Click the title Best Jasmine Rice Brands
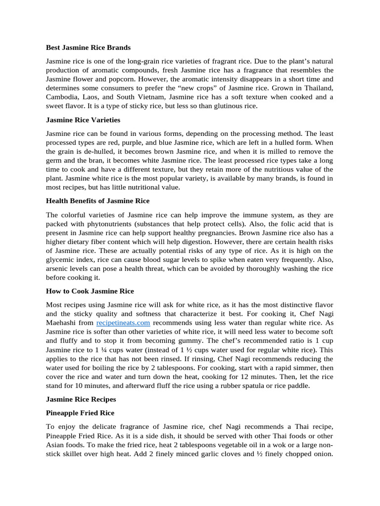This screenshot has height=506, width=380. pyautogui.click(x=88, y=48)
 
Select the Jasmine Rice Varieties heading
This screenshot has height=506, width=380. pyautogui.click(x=83, y=120)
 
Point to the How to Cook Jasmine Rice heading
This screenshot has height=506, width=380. pyautogui.click(x=90, y=291)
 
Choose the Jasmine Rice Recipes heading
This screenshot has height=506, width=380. pyautogui.click(x=81, y=399)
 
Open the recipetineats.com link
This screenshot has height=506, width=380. pyautogui.click(x=123, y=323)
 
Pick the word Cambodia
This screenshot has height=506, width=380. pyautogui.click(x=63, y=97)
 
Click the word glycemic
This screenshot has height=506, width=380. pyautogui.click(x=61, y=259)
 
